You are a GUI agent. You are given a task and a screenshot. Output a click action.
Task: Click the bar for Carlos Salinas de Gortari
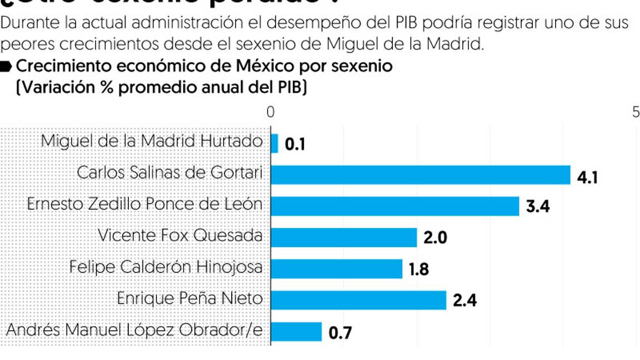[x=420, y=174]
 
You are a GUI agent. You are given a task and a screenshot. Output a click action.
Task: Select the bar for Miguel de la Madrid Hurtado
[x=274, y=143]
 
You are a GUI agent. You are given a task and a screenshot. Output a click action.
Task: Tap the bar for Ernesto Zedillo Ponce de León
[x=394, y=206]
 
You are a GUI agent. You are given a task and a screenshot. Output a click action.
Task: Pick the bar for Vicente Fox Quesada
[x=343, y=237]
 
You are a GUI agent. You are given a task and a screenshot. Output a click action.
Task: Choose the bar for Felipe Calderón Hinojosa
[x=336, y=269]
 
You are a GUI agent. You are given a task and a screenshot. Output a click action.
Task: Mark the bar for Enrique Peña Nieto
[x=358, y=300]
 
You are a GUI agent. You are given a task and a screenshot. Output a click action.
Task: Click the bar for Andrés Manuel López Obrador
[x=296, y=332]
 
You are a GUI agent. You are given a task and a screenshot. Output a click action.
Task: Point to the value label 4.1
[x=587, y=178]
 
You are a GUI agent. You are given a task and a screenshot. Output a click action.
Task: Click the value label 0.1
[x=295, y=145]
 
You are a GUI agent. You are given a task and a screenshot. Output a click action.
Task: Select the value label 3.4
[x=537, y=208]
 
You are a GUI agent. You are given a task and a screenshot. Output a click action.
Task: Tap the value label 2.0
[x=435, y=238]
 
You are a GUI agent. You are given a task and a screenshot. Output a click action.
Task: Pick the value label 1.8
[x=419, y=270]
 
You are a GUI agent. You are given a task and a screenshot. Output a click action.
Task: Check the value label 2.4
[x=464, y=301]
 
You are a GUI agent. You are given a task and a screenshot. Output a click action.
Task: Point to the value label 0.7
[x=340, y=333]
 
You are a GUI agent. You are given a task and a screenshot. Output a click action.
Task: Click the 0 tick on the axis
[x=271, y=112]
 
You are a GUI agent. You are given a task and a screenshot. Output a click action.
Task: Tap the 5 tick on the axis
[x=636, y=112]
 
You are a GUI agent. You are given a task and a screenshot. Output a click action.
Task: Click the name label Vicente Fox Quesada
[x=180, y=236]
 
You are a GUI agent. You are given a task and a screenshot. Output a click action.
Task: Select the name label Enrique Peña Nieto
[x=189, y=298]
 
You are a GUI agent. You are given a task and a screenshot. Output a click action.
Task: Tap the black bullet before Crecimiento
[x=6, y=67]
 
